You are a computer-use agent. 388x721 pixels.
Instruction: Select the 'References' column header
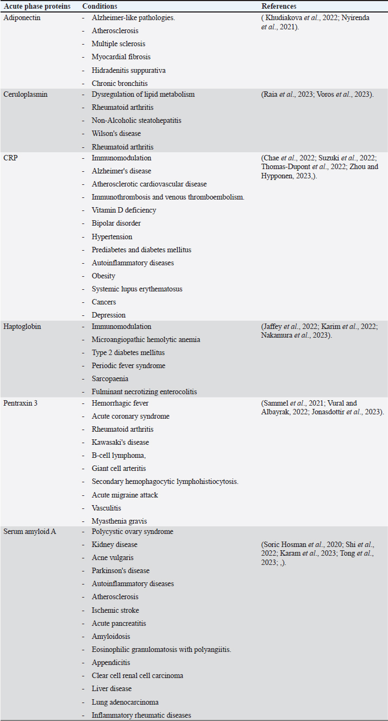point(279,6)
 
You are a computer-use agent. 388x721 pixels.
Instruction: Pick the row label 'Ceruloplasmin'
point(26,94)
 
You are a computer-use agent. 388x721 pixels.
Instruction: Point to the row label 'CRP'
point(11,158)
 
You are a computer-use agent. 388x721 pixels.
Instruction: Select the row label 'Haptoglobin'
point(23,326)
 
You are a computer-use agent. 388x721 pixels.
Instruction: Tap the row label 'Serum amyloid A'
point(29,531)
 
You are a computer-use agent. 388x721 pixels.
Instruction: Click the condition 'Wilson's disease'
point(116,133)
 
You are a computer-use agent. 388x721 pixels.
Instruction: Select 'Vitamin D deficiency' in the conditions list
point(124,210)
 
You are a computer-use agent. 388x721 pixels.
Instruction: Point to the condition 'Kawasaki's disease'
point(120,442)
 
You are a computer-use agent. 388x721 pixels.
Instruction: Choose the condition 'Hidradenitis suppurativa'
point(129,70)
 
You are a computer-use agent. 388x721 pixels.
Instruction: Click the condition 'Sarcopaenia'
point(110,378)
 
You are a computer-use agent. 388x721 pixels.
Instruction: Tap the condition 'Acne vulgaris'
point(112,557)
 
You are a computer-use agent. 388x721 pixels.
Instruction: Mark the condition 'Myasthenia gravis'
point(119,521)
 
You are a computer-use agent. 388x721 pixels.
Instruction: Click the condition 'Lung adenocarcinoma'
point(125,702)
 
